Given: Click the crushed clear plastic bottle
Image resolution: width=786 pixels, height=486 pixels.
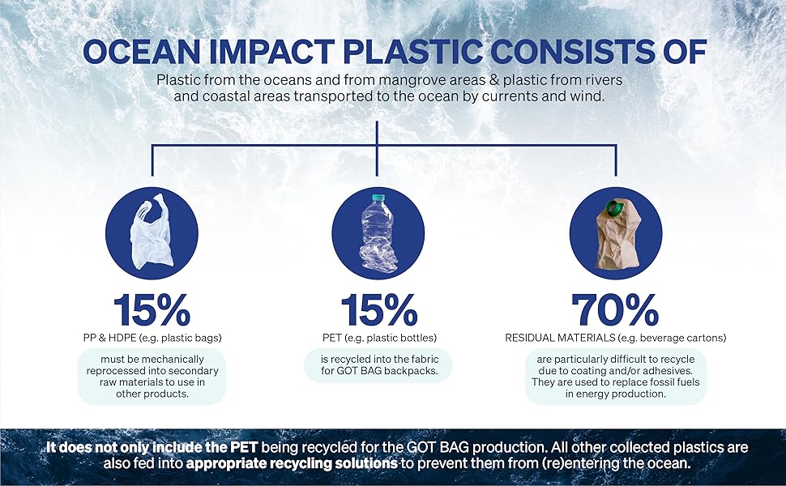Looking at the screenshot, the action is (x=378, y=234).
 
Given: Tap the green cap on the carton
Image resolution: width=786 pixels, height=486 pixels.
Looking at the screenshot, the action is (x=613, y=207).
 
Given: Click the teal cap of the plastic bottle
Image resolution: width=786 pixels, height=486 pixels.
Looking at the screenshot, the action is (x=378, y=197).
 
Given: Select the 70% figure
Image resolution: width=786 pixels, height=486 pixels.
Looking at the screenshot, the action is (x=615, y=309).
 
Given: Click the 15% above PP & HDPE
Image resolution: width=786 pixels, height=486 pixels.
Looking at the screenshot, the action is (x=152, y=309).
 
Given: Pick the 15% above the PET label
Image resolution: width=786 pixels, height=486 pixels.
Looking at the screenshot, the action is (x=379, y=309).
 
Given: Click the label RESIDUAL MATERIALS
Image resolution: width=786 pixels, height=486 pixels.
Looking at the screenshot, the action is (x=560, y=338).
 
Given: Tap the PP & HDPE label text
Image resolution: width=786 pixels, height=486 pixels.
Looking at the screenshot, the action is (x=109, y=338).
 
